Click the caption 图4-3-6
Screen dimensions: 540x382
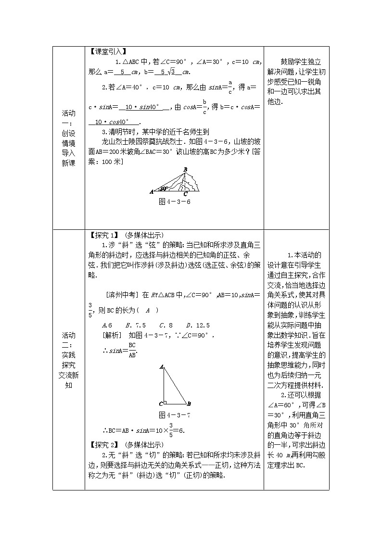click(x=175, y=201)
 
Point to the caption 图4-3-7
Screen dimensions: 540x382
click(x=175, y=414)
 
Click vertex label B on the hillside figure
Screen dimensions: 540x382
click(x=185, y=169)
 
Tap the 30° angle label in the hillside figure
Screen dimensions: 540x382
click(x=164, y=188)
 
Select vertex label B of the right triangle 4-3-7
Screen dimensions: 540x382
click(x=189, y=404)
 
